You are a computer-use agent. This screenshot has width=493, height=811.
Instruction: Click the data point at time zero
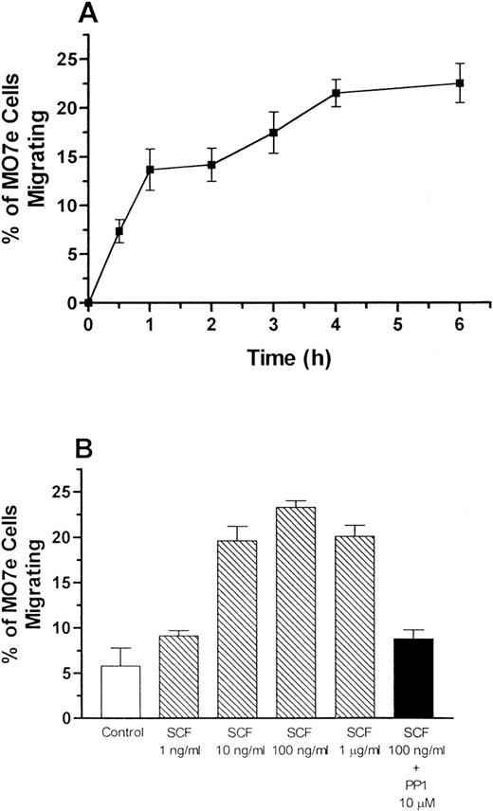tap(88, 303)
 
